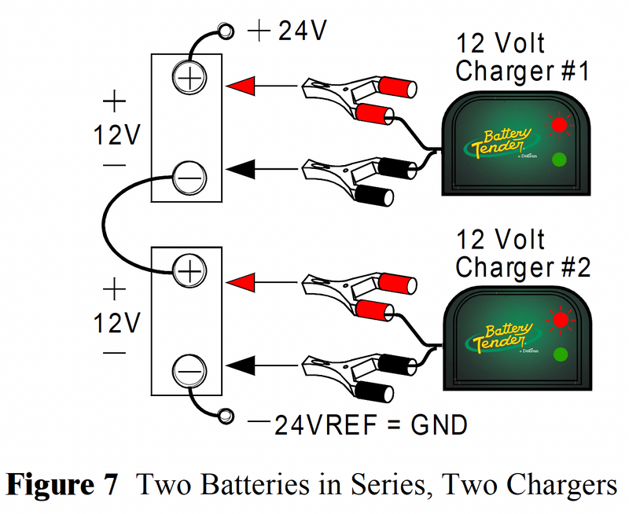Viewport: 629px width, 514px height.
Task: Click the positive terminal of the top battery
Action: click(x=189, y=79)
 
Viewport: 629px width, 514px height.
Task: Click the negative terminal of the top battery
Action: click(x=189, y=176)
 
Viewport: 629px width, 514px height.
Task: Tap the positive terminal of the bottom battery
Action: click(x=189, y=271)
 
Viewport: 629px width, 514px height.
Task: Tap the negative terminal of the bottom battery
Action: click(x=189, y=368)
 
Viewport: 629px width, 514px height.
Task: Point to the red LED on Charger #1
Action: click(x=559, y=124)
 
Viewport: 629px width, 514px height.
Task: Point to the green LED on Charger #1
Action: click(x=559, y=160)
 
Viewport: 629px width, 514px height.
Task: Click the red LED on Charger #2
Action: click(x=559, y=319)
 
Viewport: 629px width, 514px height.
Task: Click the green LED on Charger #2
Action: click(x=559, y=354)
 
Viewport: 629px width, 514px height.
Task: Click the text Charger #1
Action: click(x=522, y=71)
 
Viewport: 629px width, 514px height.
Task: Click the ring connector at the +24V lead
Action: click(x=226, y=31)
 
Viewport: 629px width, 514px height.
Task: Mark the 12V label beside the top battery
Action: click(x=115, y=136)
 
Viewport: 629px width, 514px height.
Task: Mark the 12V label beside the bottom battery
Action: click(x=115, y=323)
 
